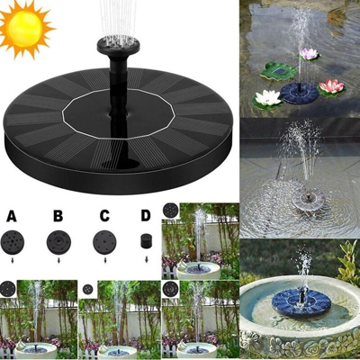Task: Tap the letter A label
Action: (x=11, y=216)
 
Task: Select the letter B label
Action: (x=57, y=216)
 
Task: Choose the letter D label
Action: (x=145, y=216)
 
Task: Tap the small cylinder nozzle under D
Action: (x=144, y=242)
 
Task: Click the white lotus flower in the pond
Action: (x=268, y=97)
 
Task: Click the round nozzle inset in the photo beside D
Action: (x=171, y=211)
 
